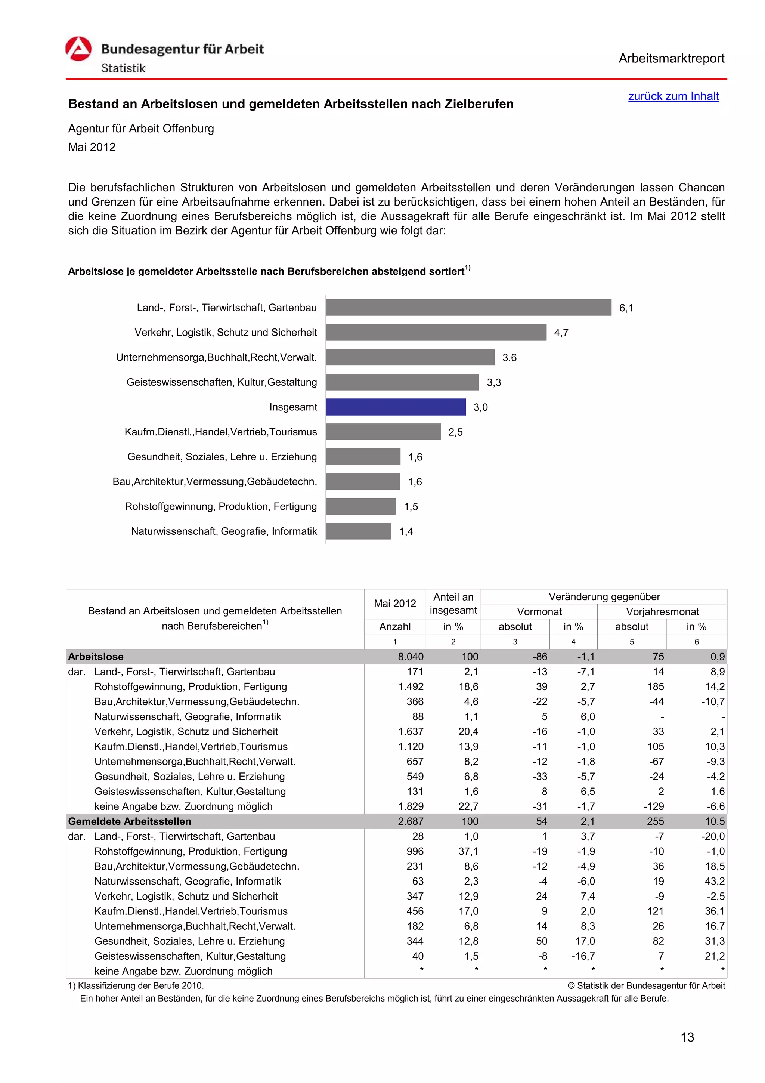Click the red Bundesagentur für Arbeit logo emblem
click(78, 49)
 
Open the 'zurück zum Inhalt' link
click(673, 96)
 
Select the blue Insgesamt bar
click(396, 407)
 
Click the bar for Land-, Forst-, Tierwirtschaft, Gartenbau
click(468, 308)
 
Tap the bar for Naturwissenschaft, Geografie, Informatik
click(358, 531)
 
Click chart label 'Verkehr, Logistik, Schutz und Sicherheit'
click(226, 333)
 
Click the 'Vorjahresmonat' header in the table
click(662, 612)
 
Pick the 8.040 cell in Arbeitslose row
click(410, 657)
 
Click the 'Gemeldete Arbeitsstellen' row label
click(130, 821)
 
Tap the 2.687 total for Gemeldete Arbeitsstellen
click(410, 821)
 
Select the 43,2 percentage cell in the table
click(714, 881)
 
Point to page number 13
click(687, 1037)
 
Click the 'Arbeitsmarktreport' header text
click(671, 59)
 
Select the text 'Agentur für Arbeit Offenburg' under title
click(141, 129)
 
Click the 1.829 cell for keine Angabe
click(410, 806)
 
